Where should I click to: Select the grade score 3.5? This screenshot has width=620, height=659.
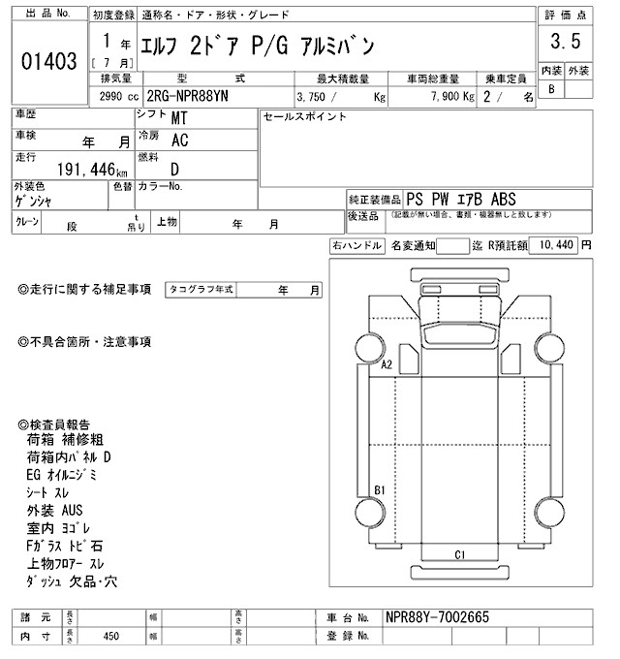click(x=565, y=42)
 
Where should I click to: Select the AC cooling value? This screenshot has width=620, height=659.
click(x=179, y=141)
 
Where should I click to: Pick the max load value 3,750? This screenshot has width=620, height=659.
click(x=320, y=97)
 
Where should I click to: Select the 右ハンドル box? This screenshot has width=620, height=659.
click(x=356, y=246)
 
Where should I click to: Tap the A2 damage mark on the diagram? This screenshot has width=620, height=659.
click(x=386, y=365)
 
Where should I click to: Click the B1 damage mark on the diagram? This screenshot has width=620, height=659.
click(x=381, y=489)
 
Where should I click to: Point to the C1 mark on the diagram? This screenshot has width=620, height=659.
click(x=461, y=554)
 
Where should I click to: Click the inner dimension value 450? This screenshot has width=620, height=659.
click(x=110, y=637)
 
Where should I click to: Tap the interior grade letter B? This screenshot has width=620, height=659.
click(x=552, y=88)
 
